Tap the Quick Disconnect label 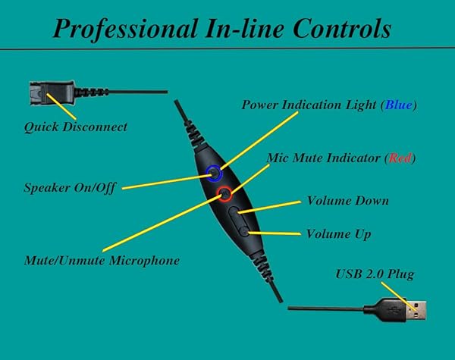coord(75,127)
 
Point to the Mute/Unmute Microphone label coord(102,260)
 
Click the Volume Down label coord(347,201)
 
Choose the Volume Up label coord(338,234)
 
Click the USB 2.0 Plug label coord(375,273)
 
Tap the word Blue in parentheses coord(398,104)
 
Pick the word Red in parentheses coord(399,158)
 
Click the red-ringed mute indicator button coord(225,195)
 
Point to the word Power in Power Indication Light coord(262,104)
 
